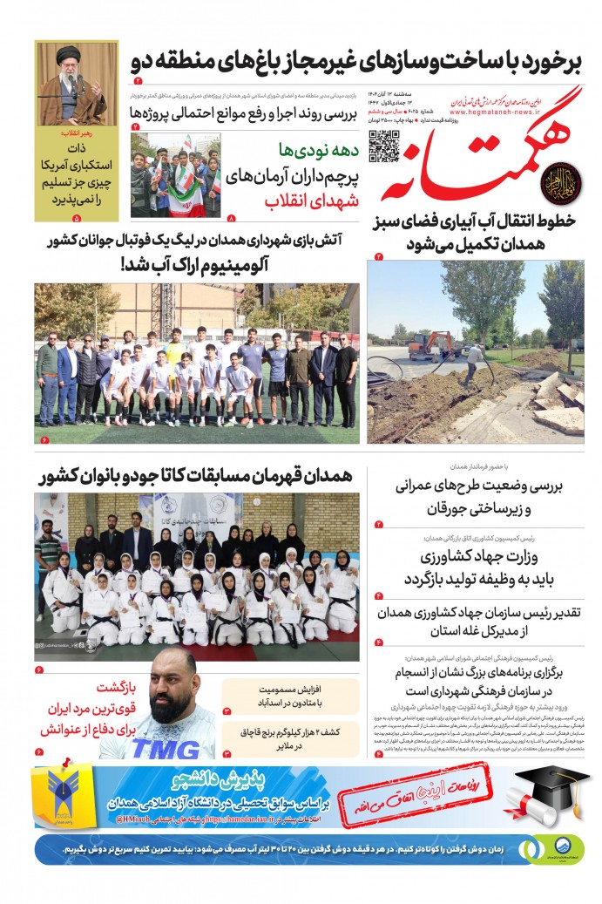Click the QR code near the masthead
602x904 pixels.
tap(383, 146)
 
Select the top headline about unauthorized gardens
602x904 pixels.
tap(355, 63)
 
